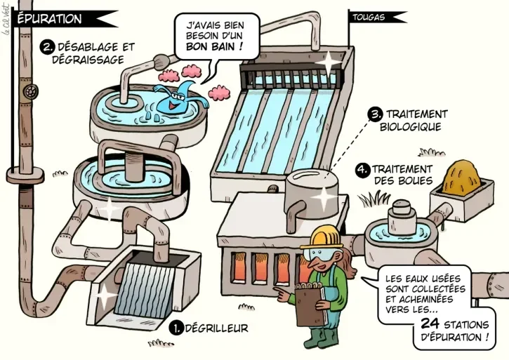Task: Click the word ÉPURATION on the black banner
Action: point(49,19)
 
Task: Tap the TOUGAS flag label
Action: point(369,18)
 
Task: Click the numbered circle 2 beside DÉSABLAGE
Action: point(47,48)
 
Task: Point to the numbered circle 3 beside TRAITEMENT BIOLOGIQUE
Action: point(375,114)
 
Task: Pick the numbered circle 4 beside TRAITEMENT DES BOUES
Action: point(362,170)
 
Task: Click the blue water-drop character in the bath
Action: point(177,98)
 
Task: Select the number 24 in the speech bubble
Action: point(430,324)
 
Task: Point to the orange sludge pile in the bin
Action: point(461,177)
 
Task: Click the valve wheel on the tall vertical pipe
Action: point(32,91)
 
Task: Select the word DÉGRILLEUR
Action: point(216,328)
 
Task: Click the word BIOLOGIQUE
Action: point(410,126)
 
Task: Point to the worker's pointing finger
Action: point(279,289)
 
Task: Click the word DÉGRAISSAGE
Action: point(88,60)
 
